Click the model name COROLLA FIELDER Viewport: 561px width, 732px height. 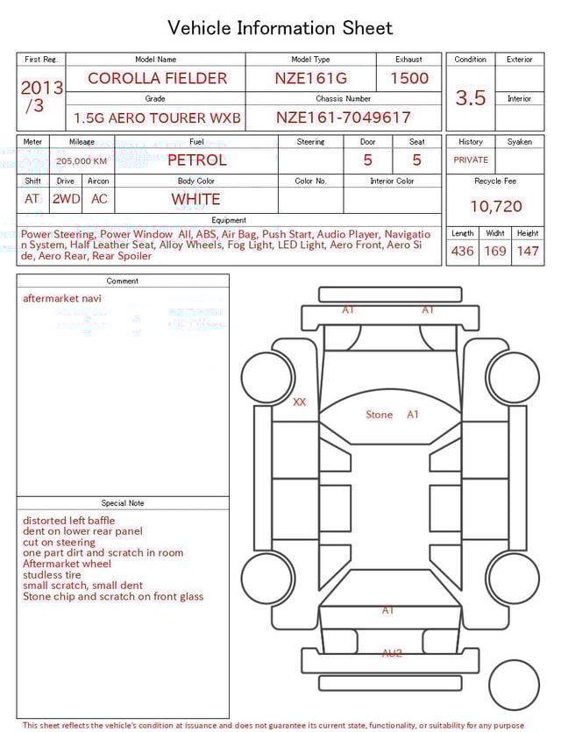coord(157,78)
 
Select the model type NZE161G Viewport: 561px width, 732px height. coord(310,78)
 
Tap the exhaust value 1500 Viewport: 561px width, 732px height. coord(409,78)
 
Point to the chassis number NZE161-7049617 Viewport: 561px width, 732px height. coord(344,117)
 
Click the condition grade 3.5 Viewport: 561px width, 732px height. coord(471,98)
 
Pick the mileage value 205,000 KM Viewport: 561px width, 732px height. coord(82,161)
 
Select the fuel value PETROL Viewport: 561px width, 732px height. coord(196,160)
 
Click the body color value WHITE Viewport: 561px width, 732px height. coord(195,199)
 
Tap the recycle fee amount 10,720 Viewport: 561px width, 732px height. coord(495,207)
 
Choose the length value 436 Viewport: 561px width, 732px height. coord(462,252)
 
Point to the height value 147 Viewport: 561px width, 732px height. coord(528,252)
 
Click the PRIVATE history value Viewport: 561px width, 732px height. coord(471,160)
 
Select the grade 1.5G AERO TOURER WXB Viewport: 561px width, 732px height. coord(157,117)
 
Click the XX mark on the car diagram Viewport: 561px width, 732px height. coord(300,402)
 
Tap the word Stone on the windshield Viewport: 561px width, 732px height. coord(379,415)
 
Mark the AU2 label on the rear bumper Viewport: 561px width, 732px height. coord(392,653)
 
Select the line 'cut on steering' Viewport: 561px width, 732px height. coord(59,543)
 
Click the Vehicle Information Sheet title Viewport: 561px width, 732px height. coord(280,28)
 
